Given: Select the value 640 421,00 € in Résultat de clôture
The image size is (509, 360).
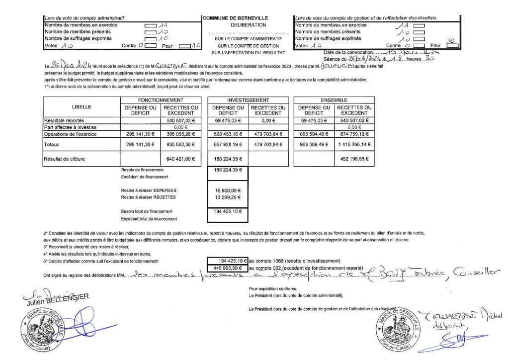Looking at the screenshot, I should coord(179,160).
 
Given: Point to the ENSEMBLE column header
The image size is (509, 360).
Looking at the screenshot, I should coord(333,100).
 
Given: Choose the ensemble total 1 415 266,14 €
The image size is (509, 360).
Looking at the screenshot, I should coord(354,144).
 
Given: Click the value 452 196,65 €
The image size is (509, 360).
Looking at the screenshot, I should coord(354,160).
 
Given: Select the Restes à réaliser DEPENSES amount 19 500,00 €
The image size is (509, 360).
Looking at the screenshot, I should coord(227,190).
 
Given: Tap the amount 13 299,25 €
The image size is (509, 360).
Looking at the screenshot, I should coord(227,197).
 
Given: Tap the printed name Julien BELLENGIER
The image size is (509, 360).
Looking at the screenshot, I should coord(55,298).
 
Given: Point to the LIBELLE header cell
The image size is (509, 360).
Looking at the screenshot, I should coord(81,107).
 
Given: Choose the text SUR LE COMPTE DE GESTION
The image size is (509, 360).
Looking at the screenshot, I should coord(248,45).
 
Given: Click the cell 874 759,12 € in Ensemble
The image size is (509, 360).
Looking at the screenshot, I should coord(354,134).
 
